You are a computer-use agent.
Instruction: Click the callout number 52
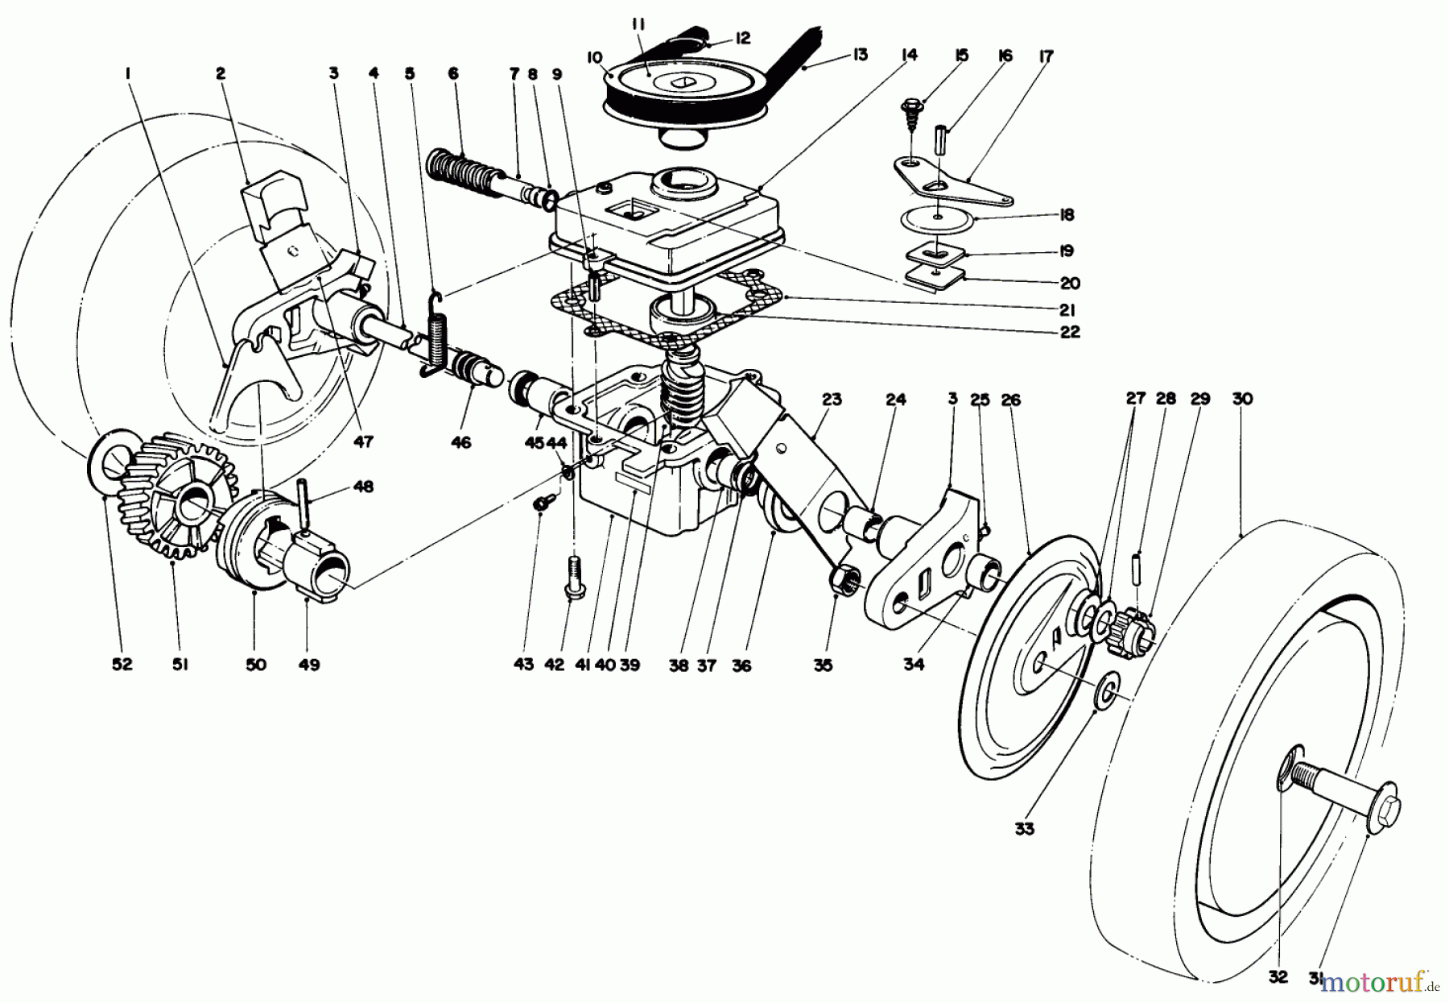[x=122, y=665]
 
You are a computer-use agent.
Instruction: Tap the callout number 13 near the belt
[x=860, y=55]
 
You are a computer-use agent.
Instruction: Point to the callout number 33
[x=1024, y=828]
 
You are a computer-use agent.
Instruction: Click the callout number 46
[x=460, y=442]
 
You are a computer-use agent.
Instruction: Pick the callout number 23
[x=832, y=399]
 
